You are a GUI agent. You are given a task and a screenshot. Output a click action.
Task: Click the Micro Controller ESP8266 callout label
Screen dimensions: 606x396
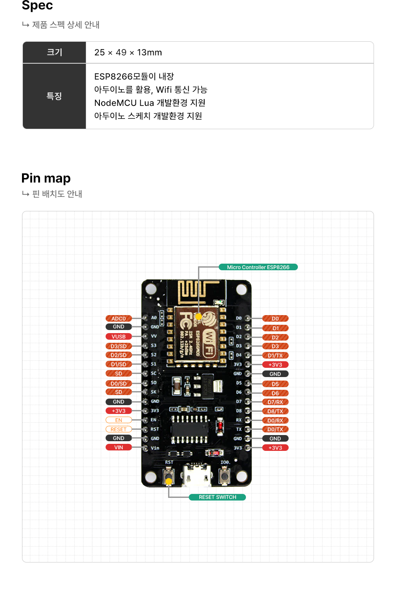(258, 267)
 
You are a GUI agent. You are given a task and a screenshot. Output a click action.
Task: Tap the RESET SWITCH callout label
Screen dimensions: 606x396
(217, 497)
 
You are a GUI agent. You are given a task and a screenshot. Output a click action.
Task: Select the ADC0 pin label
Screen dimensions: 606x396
(119, 319)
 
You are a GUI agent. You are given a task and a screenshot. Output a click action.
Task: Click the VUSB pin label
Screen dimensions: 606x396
(119, 337)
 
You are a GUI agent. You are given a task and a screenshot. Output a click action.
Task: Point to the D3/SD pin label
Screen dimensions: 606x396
(119, 346)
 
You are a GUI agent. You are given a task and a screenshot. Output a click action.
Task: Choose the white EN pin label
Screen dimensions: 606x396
(119, 420)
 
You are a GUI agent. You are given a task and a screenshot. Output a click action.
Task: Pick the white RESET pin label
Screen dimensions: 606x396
(119, 429)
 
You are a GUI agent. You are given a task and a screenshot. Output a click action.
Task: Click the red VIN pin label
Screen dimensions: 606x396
(119, 447)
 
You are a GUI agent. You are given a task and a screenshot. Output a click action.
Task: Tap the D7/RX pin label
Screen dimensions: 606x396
(275, 402)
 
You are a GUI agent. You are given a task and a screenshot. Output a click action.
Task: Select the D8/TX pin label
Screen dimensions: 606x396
(275, 411)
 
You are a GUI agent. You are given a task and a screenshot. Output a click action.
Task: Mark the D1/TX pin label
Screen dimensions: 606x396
(275, 356)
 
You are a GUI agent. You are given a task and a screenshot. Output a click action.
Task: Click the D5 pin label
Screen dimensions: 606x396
(275, 384)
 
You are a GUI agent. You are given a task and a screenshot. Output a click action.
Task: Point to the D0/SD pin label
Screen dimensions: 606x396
(119, 384)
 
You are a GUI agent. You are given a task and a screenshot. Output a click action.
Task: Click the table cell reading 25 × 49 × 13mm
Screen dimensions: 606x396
(128, 52)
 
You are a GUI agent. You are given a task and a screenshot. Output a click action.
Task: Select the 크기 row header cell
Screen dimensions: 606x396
(55, 52)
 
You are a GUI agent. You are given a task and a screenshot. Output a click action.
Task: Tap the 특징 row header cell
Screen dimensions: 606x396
(55, 96)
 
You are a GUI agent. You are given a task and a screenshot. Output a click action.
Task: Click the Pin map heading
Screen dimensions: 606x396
(46, 178)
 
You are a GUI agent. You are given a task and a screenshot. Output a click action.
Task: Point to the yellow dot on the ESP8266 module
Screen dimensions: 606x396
(199, 316)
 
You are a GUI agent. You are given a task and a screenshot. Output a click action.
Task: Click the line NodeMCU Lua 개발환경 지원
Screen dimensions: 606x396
(150, 103)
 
